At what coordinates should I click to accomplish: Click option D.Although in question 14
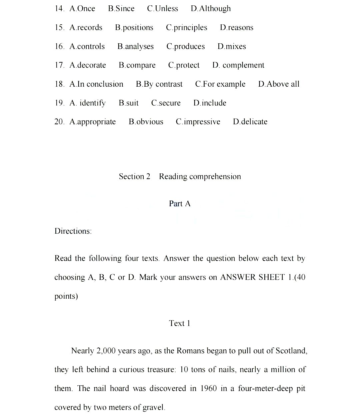pyautogui.click(x=211, y=9)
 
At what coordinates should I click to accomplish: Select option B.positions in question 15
pyautogui.click(x=134, y=28)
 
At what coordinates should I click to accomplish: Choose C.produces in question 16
pyautogui.click(x=186, y=47)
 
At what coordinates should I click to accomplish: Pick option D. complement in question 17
pyautogui.click(x=238, y=65)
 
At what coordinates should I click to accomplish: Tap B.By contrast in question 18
pyautogui.click(x=159, y=84)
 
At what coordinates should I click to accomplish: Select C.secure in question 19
pyautogui.click(x=166, y=103)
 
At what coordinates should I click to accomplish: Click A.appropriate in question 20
pyautogui.click(x=93, y=122)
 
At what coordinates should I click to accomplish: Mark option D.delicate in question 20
pyautogui.click(x=250, y=122)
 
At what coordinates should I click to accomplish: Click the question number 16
pyautogui.click(x=59, y=47)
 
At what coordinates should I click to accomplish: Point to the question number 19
pyautogui.click(x=59, y=103)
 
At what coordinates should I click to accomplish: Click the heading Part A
pyautogui.click(x=180, y=204)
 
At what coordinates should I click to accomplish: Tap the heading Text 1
pyautogui.click(x=180, y=323)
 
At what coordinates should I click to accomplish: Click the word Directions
pyautogui.click(x=73, y=231)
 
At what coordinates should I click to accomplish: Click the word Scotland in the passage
pyautogui.click(x=291, y=351)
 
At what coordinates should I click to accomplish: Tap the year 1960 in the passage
pyautogui.click(x=208, y=389)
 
